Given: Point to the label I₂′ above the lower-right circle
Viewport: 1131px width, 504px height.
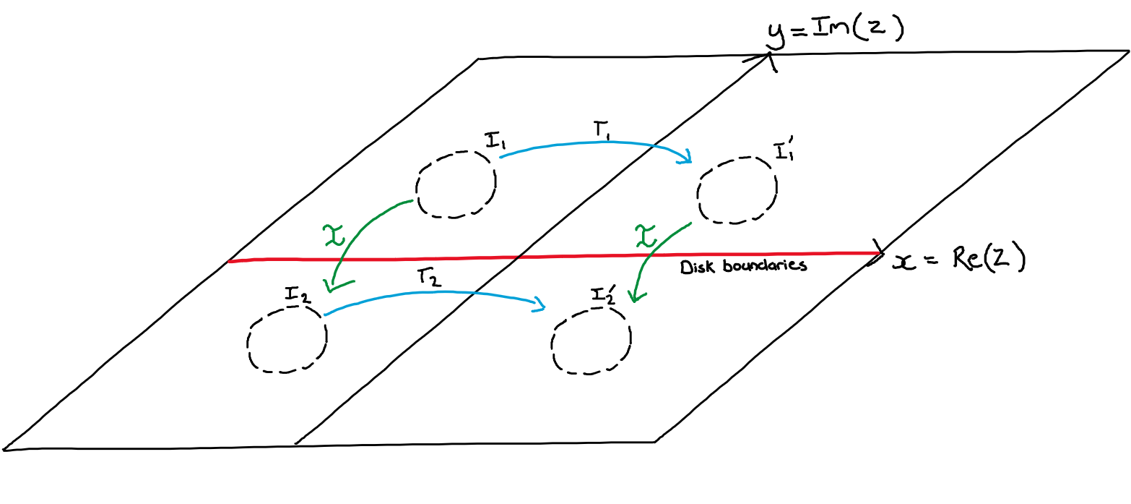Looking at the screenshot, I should (604, 295).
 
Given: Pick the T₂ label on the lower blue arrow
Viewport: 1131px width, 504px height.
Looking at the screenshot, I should (426, 278).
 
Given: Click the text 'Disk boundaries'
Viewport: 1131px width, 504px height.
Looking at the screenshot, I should (742, 267).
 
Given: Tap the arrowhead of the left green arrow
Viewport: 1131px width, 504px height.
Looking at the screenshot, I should (334, 287).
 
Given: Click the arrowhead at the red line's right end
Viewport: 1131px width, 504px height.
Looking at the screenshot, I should (877, 252).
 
